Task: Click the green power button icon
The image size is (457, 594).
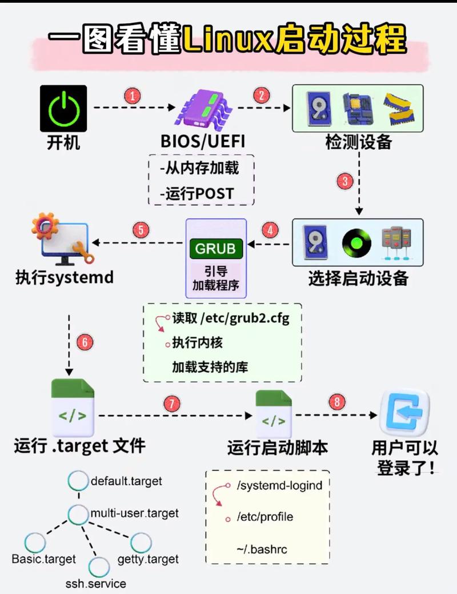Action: [63, 109]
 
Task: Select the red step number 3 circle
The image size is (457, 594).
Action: [345, 182]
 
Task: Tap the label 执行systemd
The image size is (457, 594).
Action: [64, 278]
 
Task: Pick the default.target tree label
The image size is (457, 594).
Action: [126, 481]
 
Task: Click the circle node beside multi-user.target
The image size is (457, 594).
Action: [78, 514]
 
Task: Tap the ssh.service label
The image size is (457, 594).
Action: [96, 583]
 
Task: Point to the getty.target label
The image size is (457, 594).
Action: [148, 559]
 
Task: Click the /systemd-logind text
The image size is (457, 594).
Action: [280, 485]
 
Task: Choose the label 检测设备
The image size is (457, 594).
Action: [358, 141]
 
